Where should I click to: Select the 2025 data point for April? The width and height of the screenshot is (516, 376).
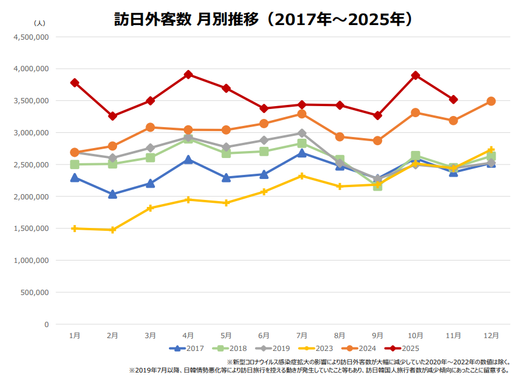click(188, 75)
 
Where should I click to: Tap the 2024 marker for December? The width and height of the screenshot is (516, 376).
click(491, 101)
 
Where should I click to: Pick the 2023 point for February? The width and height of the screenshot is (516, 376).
click(112, 230)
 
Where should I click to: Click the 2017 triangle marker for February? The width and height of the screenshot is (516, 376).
click(112, 194)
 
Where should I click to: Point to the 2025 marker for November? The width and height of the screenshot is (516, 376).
click(453, 100)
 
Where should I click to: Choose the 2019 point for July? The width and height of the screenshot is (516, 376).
click(302, 133)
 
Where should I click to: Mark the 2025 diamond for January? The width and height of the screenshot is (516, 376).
click(75, 83)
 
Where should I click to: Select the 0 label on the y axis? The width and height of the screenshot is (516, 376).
click(46, 324)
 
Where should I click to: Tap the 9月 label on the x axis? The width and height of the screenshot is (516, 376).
click(377, 335)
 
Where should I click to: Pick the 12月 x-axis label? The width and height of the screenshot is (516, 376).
click(491, 335)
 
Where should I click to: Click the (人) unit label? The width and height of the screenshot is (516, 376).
click(40, 23)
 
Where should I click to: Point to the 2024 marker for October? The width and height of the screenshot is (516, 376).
click(415, 113)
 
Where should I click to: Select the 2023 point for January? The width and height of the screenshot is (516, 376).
click(75, 229)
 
